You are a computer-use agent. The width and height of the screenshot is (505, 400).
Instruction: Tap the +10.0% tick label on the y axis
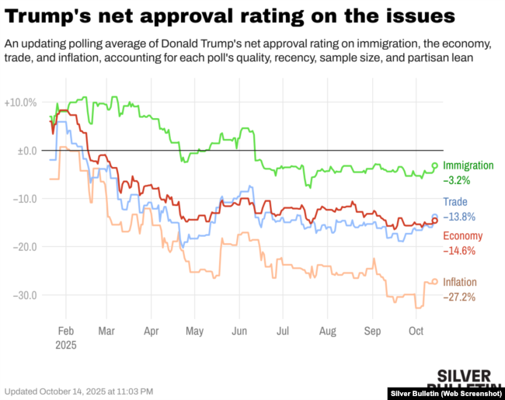click(20, 103)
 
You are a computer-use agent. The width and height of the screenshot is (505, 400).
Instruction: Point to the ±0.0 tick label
click(27, 151)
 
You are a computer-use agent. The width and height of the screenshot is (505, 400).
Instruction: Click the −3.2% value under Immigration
click(456, 180)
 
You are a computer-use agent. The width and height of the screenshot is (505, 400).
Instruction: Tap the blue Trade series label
click(455, 202)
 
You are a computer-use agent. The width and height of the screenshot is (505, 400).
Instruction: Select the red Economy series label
click(462, 236)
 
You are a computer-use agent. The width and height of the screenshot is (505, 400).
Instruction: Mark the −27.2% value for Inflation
click(459, 297)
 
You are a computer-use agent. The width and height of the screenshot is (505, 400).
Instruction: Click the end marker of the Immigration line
click(435, 165)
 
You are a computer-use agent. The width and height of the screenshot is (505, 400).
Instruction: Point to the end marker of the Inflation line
click(435, 282)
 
